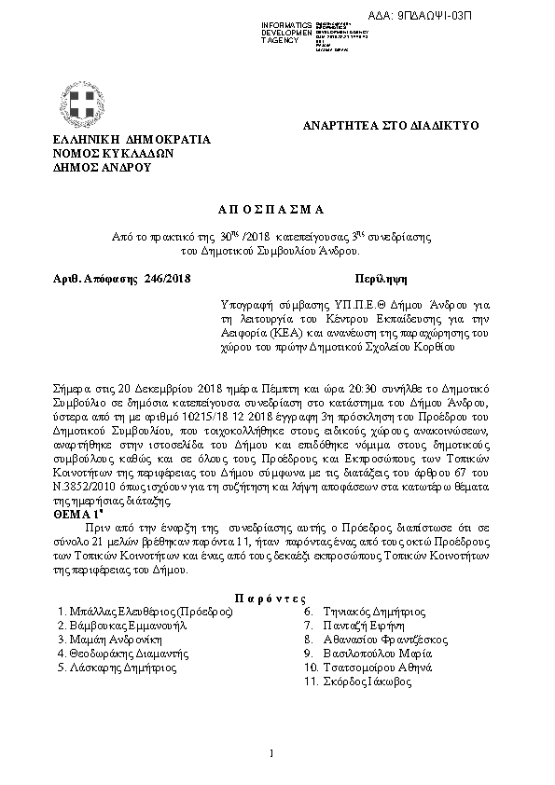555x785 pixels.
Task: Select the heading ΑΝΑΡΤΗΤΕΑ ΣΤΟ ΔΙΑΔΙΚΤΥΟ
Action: (392, 124)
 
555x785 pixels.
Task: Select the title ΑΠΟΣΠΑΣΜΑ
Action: (276, 211)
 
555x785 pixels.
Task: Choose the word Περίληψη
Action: (381, 278)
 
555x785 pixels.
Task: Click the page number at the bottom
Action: (271, 753)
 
